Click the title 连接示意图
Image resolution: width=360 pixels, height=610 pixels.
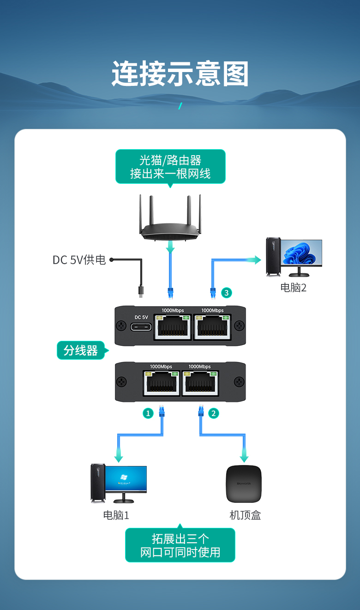coord(180,73)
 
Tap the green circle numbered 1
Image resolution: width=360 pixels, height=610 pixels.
coord(148,413)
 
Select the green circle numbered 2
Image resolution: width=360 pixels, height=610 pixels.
coord(214,413)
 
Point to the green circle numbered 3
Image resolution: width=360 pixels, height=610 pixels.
coord(227,293)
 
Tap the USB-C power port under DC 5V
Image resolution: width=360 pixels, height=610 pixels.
coord(141,327)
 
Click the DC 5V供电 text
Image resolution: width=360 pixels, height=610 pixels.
coord(79,260)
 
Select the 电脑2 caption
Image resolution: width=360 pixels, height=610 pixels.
coord(294,288)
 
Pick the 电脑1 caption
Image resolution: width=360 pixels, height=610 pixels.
coord(116,515)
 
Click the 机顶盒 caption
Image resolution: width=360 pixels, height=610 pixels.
coord(245,515)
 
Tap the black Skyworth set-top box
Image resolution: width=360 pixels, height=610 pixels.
coord(244,484)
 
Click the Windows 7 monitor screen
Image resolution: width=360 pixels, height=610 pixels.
coord(126,478)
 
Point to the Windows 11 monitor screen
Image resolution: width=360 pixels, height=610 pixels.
coord(301,252)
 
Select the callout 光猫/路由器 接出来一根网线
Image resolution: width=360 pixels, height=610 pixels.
coord(171,167)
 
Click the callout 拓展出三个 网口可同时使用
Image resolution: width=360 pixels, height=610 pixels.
coord(180,545)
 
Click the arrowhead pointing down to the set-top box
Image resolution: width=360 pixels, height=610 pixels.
coord(244,458)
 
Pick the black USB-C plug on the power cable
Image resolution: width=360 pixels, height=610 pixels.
coord(141,291)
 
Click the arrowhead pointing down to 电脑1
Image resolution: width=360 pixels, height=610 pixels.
coord(118,458)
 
